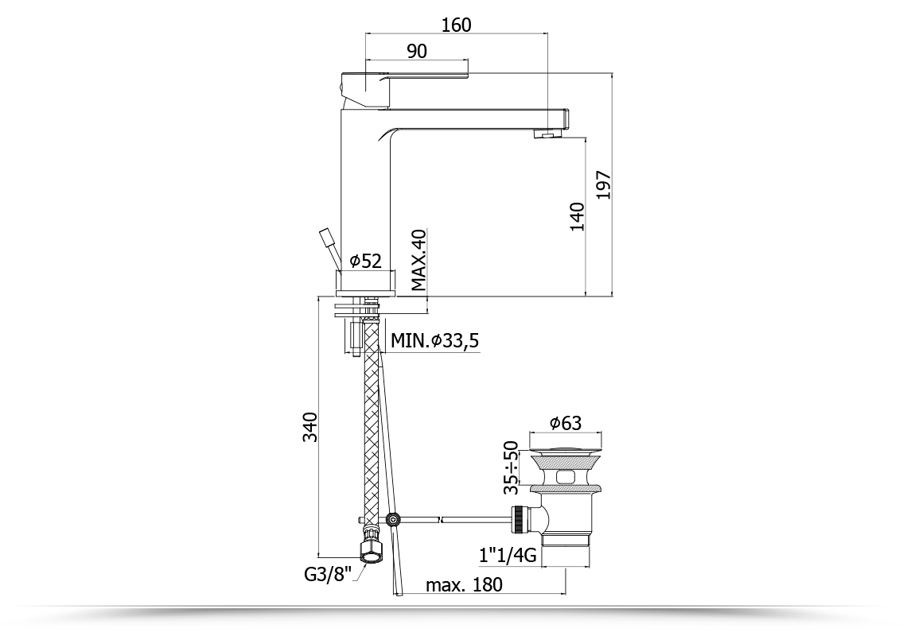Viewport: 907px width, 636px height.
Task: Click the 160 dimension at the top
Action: pyautogui.click(x=457, y=25)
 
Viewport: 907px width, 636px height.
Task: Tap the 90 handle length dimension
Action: pyautogui.click(x=416, y=51)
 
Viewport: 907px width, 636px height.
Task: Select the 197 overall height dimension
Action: pyautogui.click(x=603, y=185)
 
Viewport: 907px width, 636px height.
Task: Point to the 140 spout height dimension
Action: pyautogui.click(x=577, y=217)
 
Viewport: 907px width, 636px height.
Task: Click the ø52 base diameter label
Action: pyautogui.click(x=366, y=261)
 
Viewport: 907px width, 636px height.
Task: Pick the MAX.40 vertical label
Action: pyautogui.click(x=418, y=260)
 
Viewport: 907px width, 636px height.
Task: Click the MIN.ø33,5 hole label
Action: pyautogui.click(x=435, y=340)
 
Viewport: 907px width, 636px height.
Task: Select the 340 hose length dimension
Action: pyautogui.click(x=310, y=427)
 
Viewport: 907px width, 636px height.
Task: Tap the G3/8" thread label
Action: pyautogui.click(x=328, y=574)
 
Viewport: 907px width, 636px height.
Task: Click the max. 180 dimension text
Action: pyautogui.click(x=464, y=584)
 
